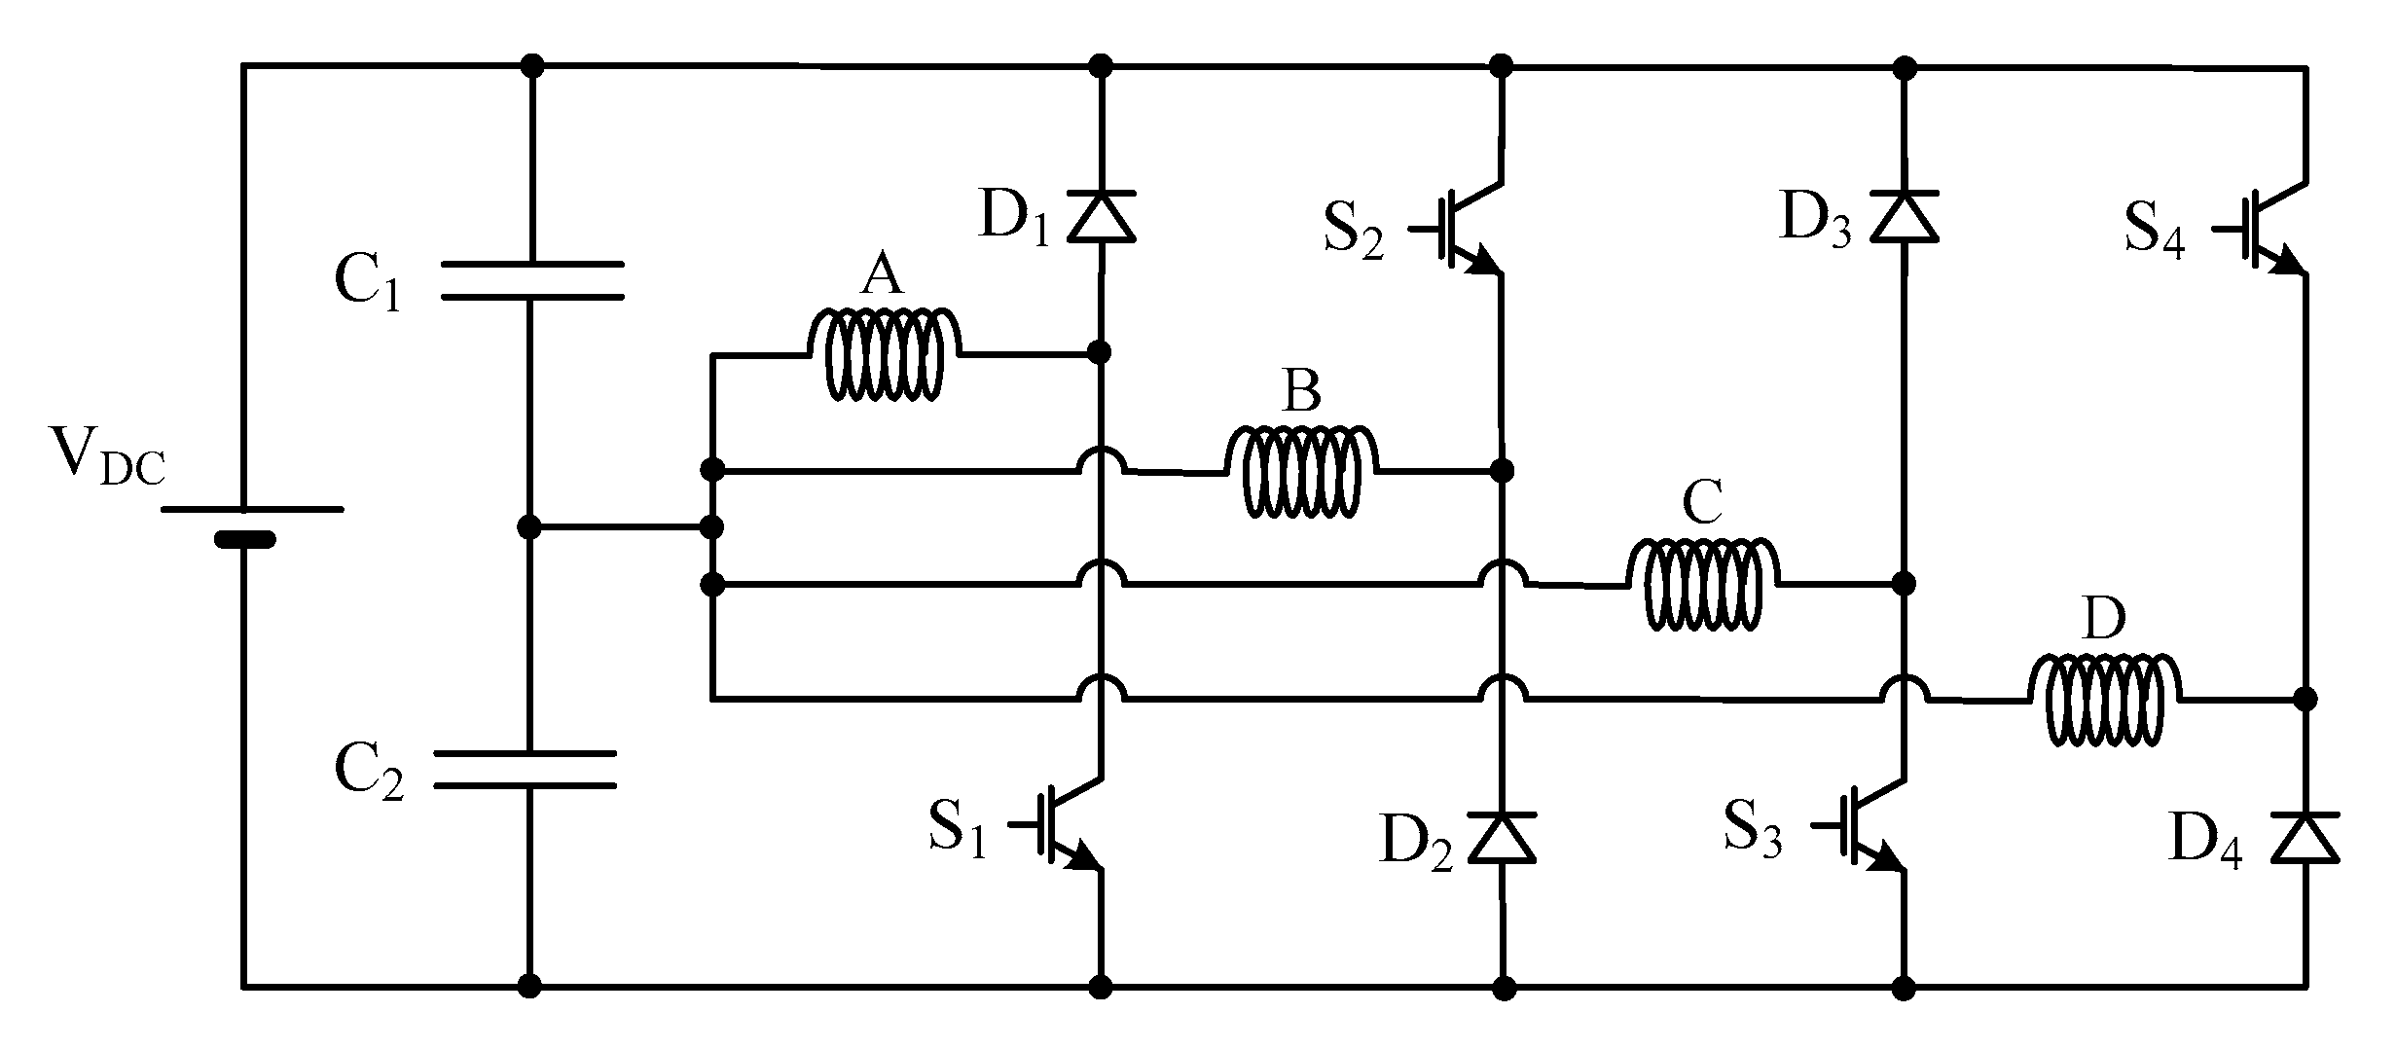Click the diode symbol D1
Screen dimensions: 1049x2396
1101,215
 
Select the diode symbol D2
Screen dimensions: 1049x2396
1503,838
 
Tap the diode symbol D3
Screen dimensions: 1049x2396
1905,215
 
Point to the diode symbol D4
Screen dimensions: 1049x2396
2305,838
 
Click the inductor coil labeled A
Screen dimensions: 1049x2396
885,355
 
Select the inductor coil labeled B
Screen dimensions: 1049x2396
1302,471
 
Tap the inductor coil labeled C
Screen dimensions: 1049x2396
1703,584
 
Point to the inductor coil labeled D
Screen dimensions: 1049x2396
2104,700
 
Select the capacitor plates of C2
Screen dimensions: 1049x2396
526,769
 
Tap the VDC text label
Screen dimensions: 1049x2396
107,455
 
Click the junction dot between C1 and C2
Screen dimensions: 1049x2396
528,527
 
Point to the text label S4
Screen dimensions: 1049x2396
2154,232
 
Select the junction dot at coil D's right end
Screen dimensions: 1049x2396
2305,699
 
